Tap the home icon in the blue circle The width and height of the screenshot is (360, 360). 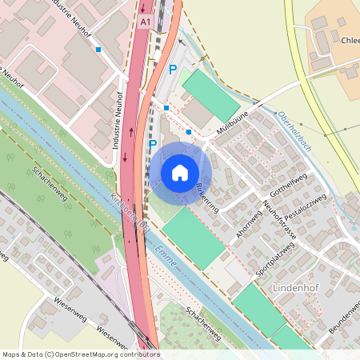tap(180, 172)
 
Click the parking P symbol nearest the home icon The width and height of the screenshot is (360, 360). tap(153, 145)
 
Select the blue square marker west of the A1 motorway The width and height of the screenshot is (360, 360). tap(98, 50)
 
